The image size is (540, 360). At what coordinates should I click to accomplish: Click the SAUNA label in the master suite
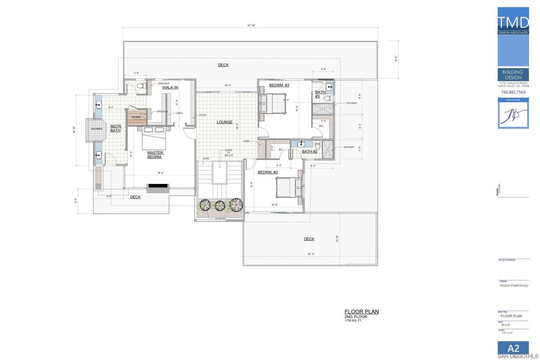136,117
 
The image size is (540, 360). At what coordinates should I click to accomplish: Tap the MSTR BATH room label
115,128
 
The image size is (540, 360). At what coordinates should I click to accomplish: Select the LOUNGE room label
224,122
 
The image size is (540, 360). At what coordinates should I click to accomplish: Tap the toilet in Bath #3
327,98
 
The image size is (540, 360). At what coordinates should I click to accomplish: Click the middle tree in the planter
220,206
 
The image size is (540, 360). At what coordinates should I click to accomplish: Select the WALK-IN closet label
170,87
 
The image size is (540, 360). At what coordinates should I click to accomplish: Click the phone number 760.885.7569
513,92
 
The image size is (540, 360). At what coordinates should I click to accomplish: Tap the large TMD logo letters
513,23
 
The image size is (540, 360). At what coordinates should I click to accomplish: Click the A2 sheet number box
513,348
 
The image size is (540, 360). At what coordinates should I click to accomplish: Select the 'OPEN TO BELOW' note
228,153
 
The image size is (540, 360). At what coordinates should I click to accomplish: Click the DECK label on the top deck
223,65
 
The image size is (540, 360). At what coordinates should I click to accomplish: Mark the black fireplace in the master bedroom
158,186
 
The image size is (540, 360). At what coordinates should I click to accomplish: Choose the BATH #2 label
309,152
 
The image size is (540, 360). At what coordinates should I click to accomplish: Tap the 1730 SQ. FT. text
354,320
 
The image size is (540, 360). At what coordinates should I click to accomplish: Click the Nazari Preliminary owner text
514,286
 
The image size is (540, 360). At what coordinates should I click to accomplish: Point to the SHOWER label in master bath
97,129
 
